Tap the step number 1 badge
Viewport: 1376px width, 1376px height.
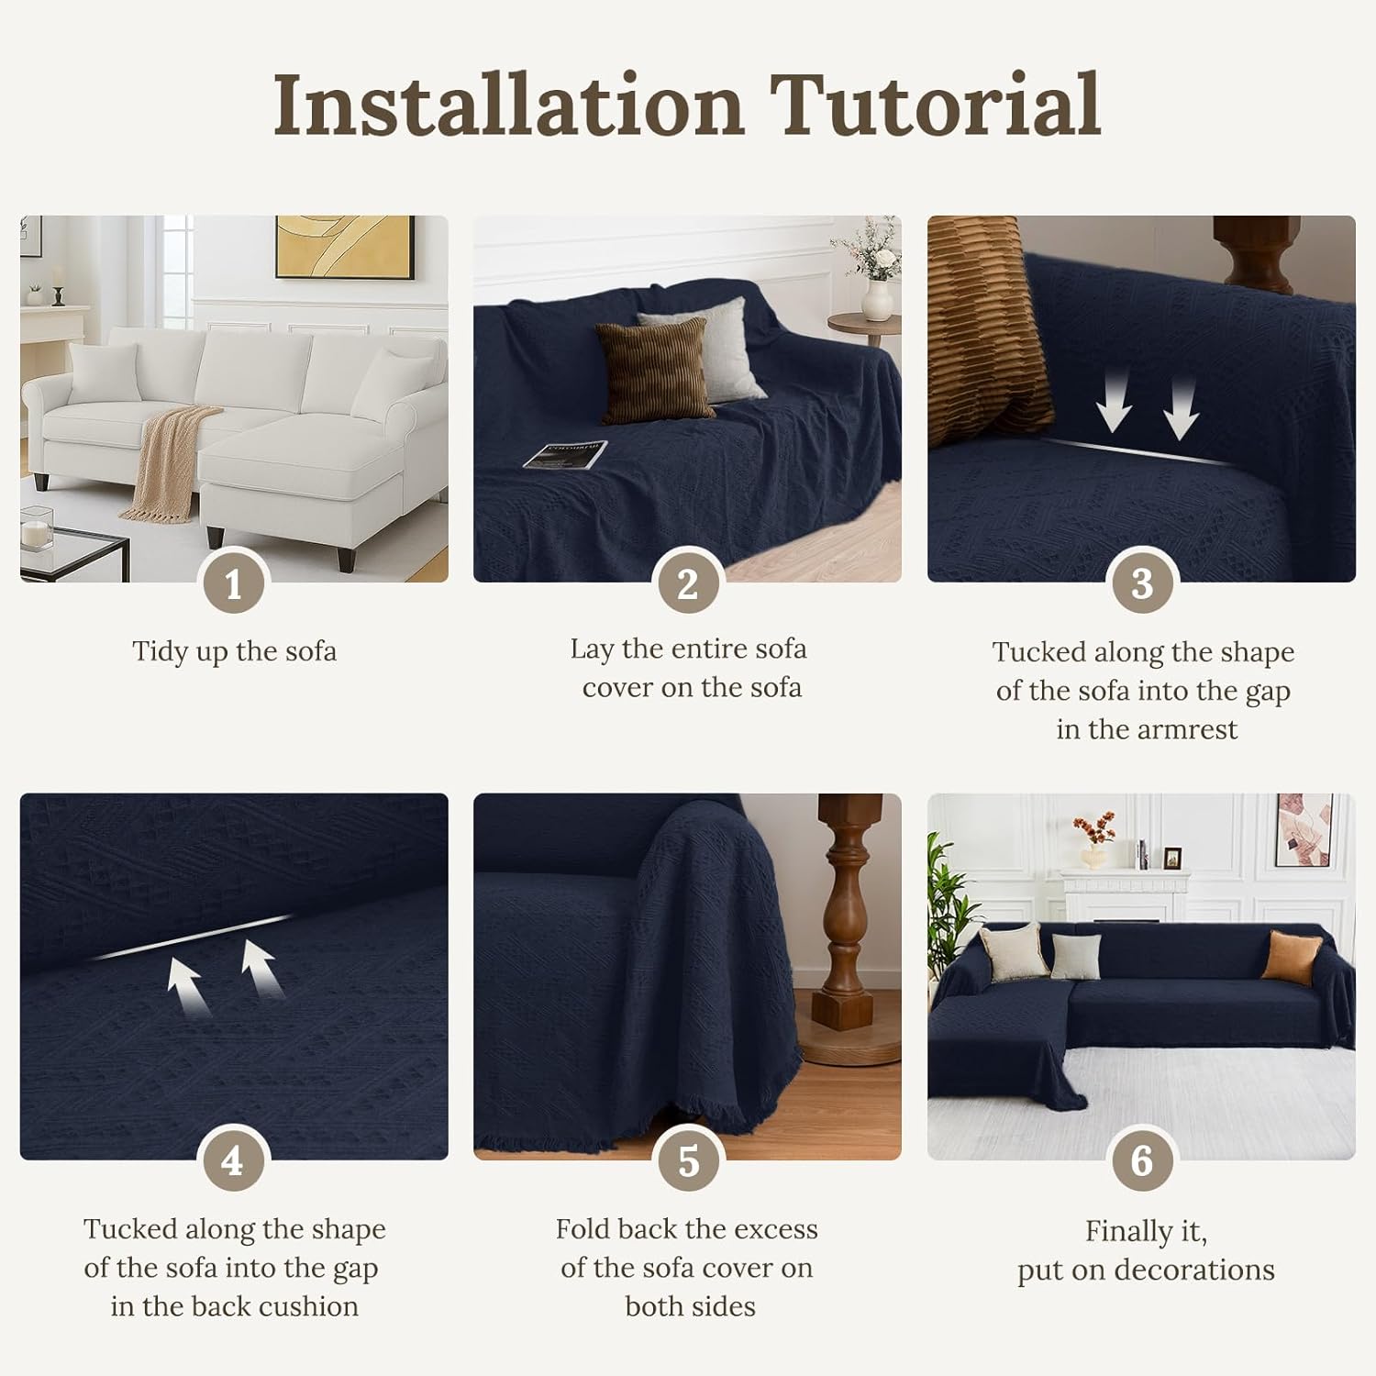(x=233, y=583)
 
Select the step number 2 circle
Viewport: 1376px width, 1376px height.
(x=688, y=583)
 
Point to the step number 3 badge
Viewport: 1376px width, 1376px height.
(x=1141, y=583)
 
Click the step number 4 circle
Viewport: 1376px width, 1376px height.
(x=233, y=1161)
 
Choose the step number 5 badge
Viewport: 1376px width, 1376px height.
(x=688, y=1161)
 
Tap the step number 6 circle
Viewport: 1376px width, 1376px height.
(x=1141, y=1161)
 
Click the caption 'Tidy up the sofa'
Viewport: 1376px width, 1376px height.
(x=234, y=651)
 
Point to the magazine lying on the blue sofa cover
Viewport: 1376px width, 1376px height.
(x=565, y=454)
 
